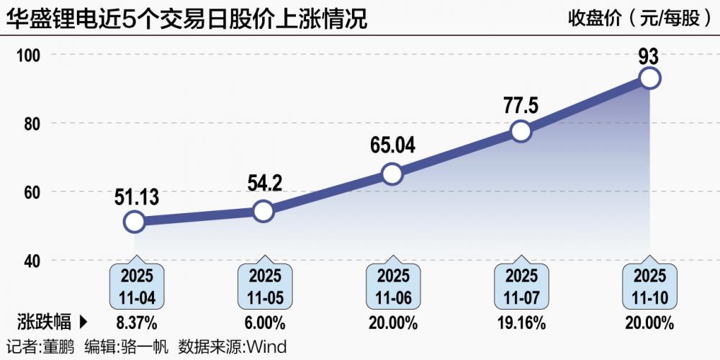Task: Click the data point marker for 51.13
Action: (x=135, y=222)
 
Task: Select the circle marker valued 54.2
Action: (x=264, y=211)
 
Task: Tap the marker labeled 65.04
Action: (x=392, y=174)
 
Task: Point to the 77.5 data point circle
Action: (x=521, y=131)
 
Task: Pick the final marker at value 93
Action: (x=649, y=78)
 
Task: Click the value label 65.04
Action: (x=392, y=146)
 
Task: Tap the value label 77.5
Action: (x=521, y=105)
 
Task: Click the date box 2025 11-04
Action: (x=135, y=286)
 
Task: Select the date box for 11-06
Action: (x=392, y=286)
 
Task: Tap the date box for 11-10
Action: (x=649, y=286)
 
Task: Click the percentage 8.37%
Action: (x=135, y=322)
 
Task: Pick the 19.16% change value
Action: (x=521, y=322)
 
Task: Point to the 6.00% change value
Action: (x=264, y=322)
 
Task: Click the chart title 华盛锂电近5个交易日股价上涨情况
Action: (x=186, y=18)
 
